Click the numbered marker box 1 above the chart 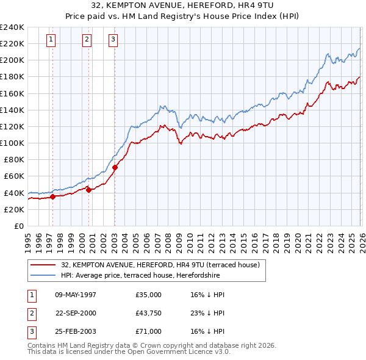(x=50, y=40)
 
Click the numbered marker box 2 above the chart (x=87, y=40)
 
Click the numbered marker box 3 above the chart (x=113, y=40)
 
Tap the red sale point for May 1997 (x=52, y=196)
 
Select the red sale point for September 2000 (x=89, y=190)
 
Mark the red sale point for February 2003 (x=115, y=167)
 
